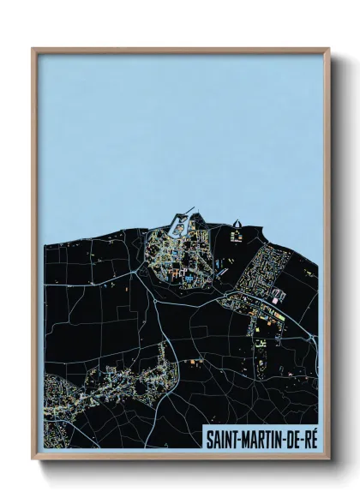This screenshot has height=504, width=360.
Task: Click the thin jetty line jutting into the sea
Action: [x=190, y=208]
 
